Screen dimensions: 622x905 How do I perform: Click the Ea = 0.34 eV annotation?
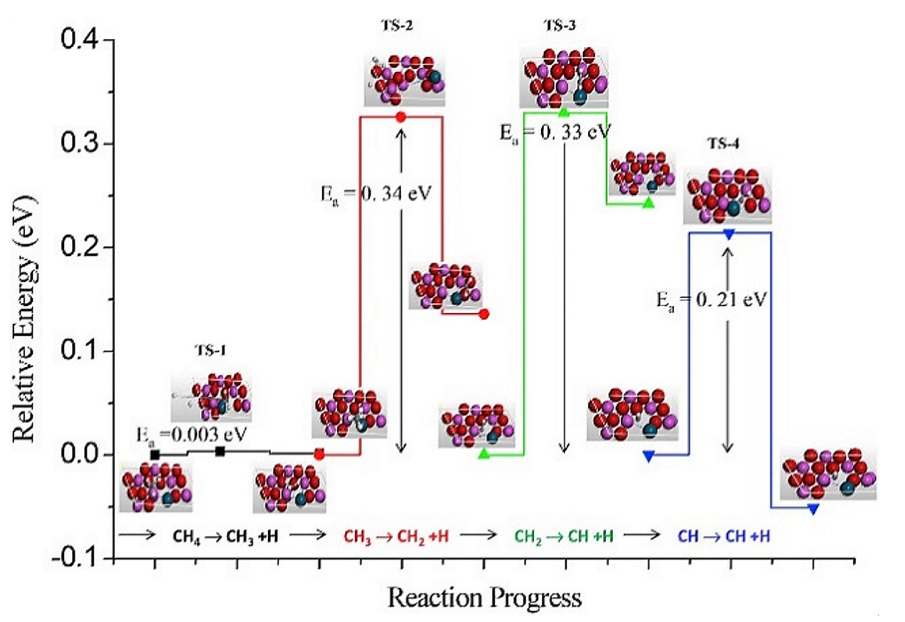[x=376, y=193]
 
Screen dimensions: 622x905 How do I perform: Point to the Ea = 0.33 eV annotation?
[x=554, y=133]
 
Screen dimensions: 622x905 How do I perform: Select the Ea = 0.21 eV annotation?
[x=711, y=300]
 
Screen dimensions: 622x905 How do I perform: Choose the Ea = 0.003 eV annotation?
[x=191, y=435]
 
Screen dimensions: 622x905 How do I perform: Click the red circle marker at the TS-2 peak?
[x=401, y=117]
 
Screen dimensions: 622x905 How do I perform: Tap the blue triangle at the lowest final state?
[x=813, y=509]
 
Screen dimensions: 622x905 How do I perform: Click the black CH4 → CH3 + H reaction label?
[x=225, y=537]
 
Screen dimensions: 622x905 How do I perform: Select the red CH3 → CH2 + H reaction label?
[x=396, y=537]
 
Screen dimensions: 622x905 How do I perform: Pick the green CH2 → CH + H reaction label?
[x=563, y=537]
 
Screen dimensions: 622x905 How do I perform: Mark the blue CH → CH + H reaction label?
[x=724, y=537]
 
